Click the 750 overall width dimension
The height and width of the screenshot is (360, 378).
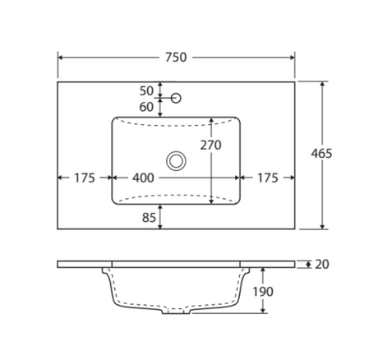[x=176, y=58]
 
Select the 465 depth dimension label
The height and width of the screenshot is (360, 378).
[x=321, y=154]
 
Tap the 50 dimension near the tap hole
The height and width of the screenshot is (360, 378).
[x=146, y=91]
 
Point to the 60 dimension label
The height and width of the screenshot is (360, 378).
[x=146, y=107]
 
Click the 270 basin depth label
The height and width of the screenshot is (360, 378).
[x=210, y=145]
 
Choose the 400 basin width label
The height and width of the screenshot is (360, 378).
[x=143, y=178]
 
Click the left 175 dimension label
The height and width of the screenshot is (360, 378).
[x=85, y=178]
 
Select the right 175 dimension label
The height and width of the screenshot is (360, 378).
[x=268, y=178]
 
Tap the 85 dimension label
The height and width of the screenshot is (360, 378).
[x=149, y=218]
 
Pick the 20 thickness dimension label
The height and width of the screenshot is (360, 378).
[x=322, y=265]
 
